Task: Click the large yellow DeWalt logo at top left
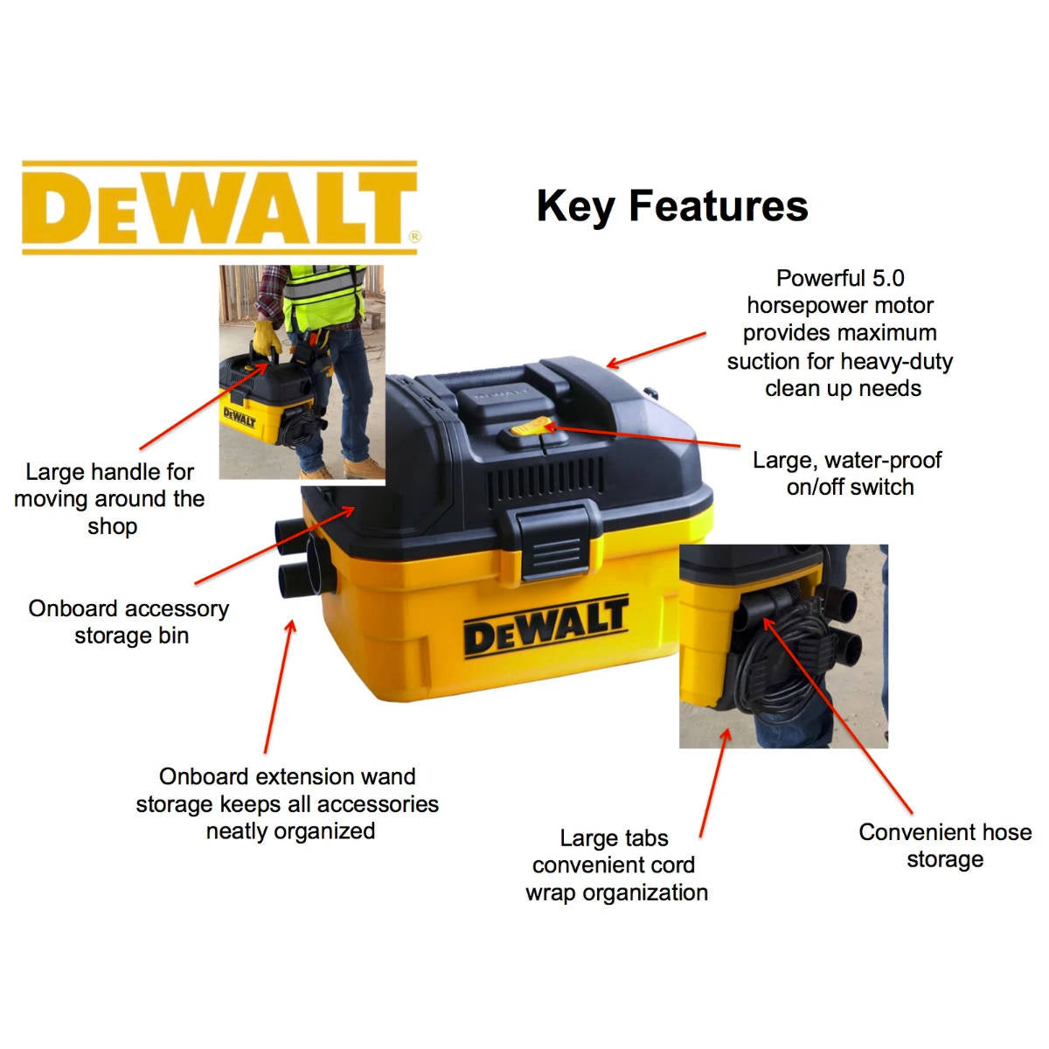(x=219, y=208)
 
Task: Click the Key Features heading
(x=671, y=206)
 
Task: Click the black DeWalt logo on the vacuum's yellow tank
(x=545, y=625)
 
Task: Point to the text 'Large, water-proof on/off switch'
(x=848, y=474)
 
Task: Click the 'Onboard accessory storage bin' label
(x=129, y=622)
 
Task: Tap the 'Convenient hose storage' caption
(x=945, y=845)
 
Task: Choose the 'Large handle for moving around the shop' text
(x=110, y=499)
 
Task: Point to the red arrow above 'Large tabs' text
(x=714, y=782)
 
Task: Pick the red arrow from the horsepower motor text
(x=656, y=350)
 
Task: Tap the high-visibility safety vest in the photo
(x=323, y=293)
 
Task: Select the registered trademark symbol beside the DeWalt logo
(x=414, y=236)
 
